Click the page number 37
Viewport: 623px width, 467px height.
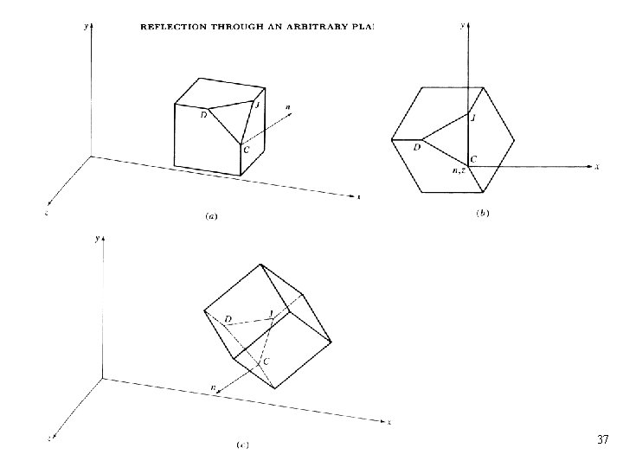point(603,440)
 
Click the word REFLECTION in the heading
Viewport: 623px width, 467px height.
point(172,27)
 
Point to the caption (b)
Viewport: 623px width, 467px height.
point(483,213)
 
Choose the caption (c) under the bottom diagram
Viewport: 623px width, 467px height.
point(243,445)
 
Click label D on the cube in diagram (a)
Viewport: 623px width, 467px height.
point(202,115)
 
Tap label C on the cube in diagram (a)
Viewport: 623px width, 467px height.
point(247,150)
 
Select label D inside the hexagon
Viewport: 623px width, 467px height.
point(416,147)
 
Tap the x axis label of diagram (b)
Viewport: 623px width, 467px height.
point(597,166)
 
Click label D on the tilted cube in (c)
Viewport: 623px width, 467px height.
point(228,319)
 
